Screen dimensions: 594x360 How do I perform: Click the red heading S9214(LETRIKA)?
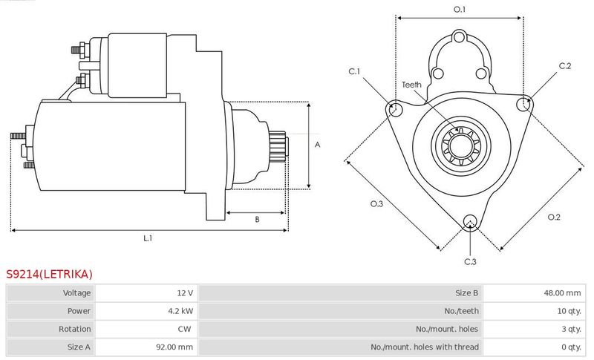[49, 274]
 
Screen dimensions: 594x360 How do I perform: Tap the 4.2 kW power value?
[180, 311]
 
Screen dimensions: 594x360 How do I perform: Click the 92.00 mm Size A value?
[174, 347]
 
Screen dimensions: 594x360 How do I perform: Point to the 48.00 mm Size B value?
[563, 292]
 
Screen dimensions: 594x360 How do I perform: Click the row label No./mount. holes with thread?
[425, 347]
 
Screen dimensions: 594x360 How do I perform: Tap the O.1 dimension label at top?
[460, 9]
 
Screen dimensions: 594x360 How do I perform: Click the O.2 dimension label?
[554, 217]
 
